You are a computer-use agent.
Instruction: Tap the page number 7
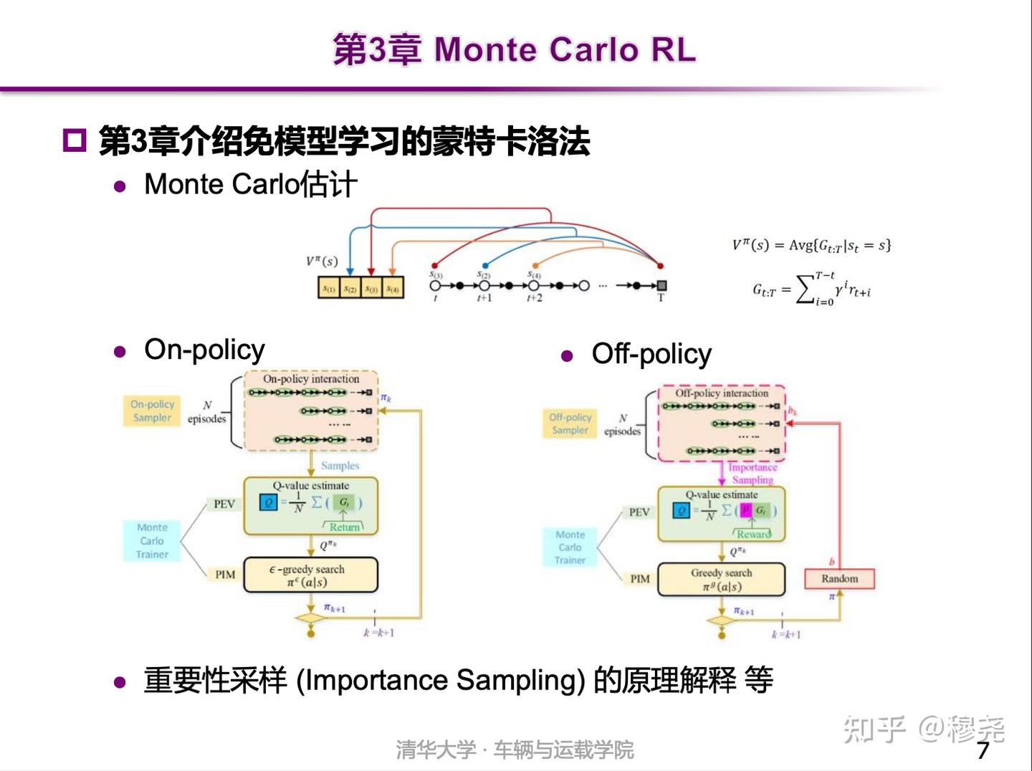(x=983, y=750)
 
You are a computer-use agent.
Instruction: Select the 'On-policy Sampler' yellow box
(x=152, y=411)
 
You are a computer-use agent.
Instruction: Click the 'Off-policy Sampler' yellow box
(x=570, y=423)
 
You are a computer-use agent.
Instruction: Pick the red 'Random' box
(x=839, y=578)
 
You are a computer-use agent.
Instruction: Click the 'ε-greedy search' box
(x=310, y=575)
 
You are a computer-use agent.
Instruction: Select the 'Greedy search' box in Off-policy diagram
(x=721, y=580)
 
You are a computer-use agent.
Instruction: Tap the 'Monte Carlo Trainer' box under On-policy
(x=152, y=540)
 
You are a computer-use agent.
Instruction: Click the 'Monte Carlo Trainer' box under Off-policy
(x=570, y=547)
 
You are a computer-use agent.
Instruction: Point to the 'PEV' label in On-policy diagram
(x=224, y=504)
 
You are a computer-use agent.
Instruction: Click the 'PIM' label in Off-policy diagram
(x=639, y=579)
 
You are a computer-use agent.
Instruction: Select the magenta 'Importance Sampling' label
(x=752, y=474)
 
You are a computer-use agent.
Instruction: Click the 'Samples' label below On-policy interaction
(x=340, y=466)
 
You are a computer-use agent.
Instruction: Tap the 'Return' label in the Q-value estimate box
(x=344, y=527)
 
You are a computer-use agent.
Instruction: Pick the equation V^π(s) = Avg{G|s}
(x=811, y=246)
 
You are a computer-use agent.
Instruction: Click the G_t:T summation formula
(x=811, y=289)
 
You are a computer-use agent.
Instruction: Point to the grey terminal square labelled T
(x=661, y=286)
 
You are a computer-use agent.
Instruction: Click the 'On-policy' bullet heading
(x=204, y=350)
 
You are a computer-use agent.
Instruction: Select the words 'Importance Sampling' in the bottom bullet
(x=440, y=680)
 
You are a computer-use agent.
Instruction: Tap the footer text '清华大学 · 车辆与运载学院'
(x=515, y=750)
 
